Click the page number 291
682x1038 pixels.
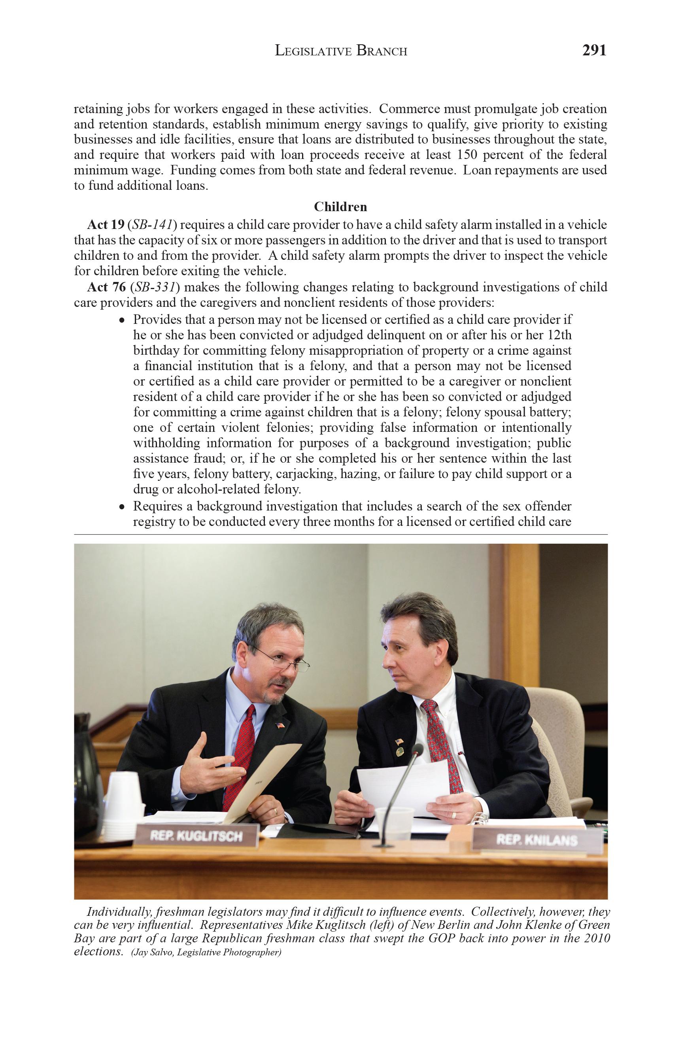[x=594, y=51]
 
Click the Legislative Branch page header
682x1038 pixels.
[x=341, y=51]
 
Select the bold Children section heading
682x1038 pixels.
[x=340, y=206]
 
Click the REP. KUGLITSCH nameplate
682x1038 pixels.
[x=196, y=835]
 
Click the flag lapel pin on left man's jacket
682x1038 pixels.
[x=280, y=725]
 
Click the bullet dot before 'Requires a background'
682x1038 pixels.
[x=123, y=507]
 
